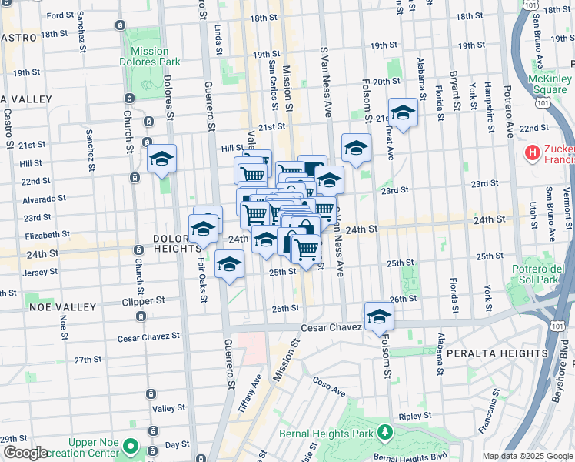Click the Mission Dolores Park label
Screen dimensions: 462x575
[145, 56]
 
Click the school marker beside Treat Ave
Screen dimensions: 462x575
[403, 113]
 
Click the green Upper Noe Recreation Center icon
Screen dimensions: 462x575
[131, 446]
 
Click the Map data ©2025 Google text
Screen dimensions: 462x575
[527, 456]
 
